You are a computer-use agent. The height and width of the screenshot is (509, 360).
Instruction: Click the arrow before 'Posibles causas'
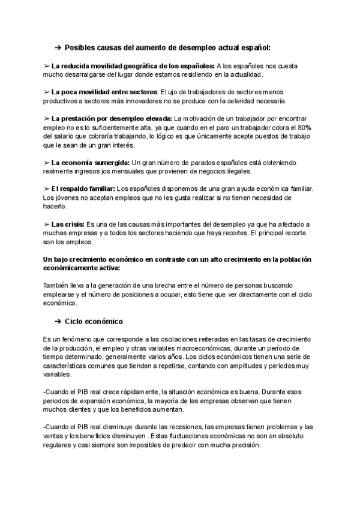click(58, 47)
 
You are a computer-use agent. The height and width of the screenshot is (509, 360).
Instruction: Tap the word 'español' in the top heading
click(256, 47)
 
